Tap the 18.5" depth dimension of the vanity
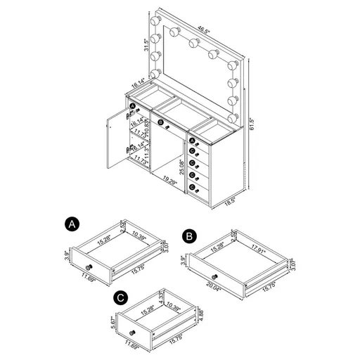click(229, 200)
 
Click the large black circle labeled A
click(70, 224)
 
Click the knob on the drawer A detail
click(89, 269)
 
